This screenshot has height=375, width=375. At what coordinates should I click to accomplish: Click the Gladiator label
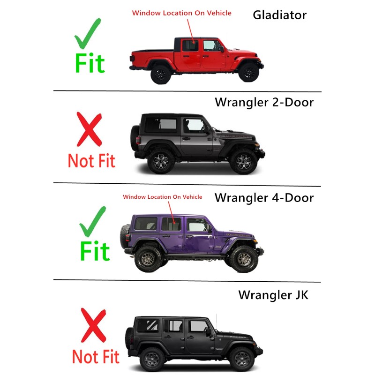279,15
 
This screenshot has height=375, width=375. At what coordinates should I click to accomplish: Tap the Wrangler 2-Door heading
264,102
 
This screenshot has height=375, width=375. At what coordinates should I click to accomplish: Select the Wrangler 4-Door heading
264,197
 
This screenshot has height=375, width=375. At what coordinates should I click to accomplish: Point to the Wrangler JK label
273,295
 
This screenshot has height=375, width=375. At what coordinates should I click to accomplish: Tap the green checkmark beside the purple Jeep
92,223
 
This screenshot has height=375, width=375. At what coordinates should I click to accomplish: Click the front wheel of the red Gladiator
248,72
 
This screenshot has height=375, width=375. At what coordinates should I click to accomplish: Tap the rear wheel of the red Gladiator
161,73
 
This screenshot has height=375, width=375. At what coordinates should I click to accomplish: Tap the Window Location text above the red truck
181,13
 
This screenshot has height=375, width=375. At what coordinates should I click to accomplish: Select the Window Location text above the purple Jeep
163,197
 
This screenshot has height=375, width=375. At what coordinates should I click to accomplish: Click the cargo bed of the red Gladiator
150,57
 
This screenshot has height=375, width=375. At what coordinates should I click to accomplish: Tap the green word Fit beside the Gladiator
90,63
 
